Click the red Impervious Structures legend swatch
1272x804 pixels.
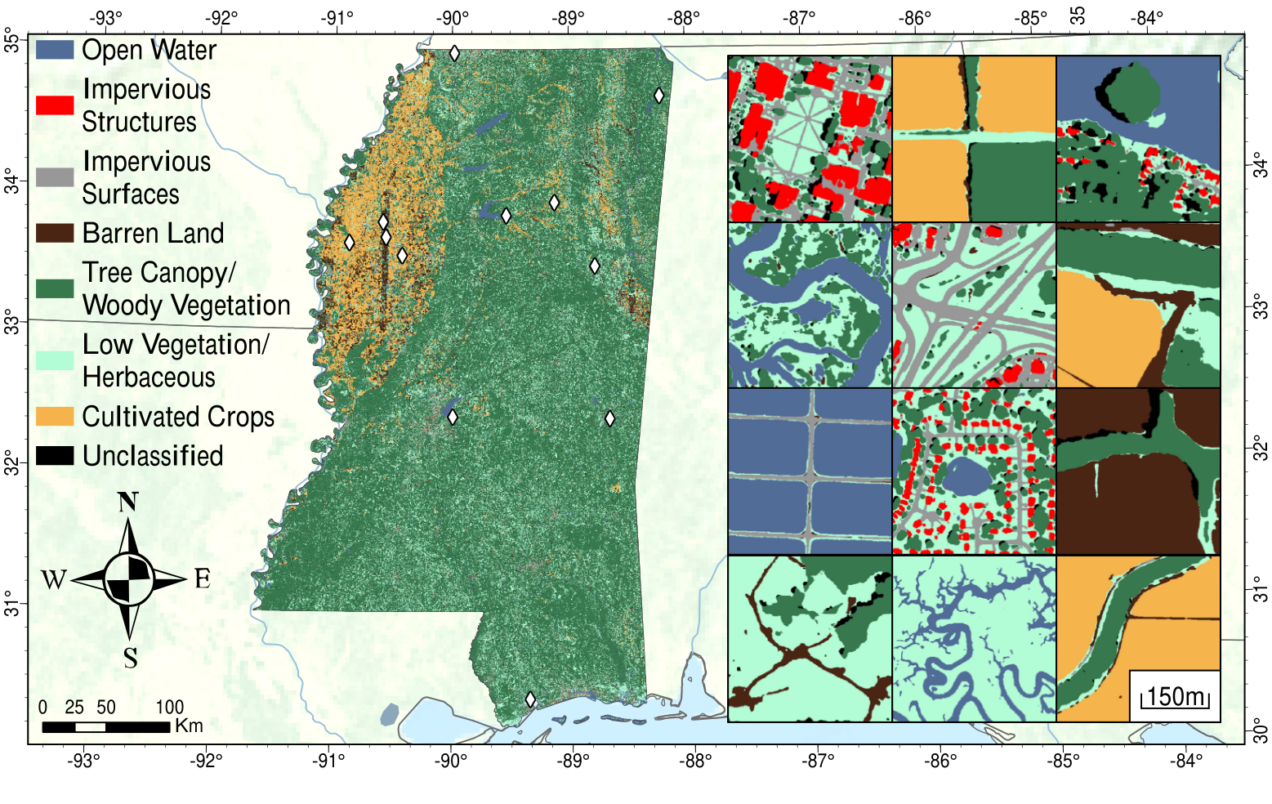pyautogui.click(x=55, y=105)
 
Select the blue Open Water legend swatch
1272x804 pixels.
pyautogui.click(x=55, y=50)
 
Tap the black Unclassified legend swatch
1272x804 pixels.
pyautogui.click(x=55, y=456)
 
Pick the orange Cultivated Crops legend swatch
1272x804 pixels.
pyautogui.click(x=55, y=416)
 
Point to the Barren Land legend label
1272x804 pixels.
pyautogui.click(x=153, y=234)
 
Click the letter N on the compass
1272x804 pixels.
pyautogui.click(x=128, y=502)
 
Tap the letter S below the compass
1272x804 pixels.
pyautogui.click(x=130, y=658)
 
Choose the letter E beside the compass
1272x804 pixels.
pyautogui.click(x=203, y=579)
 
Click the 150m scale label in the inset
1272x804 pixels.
pyautogui.click(x=1176, y=697)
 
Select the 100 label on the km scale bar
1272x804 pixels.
pyautogui.click(x=169, y=708)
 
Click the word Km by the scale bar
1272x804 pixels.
pyautogui.click(x=189, y=726)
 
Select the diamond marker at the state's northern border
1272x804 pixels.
pyautogui.click(x=454, y=54)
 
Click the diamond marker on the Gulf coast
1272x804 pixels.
pyautogui.click(x=530, y=699)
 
